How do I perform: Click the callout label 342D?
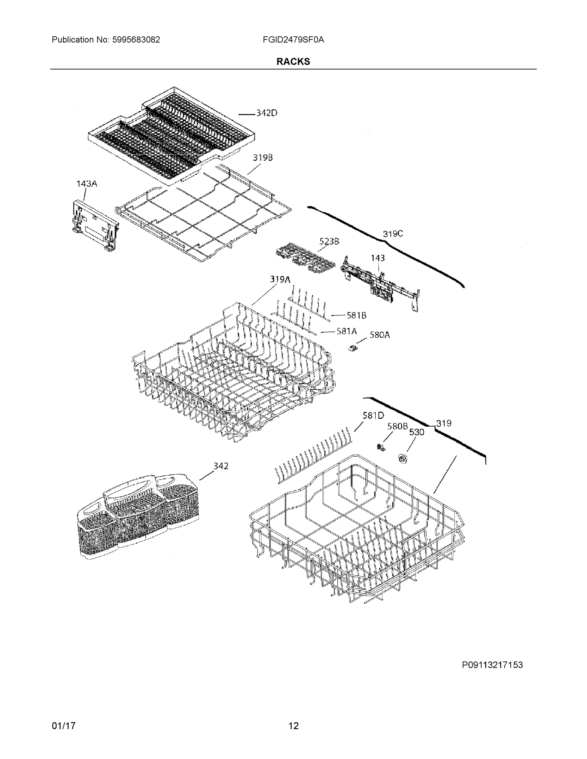(x=267, y=113)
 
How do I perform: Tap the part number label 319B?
(x=263, y=157)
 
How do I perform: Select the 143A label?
(x=87, y=183)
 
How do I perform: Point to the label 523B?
(x=329, y=241)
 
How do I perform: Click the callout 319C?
(x=393, y=234)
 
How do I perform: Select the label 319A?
(x=280, y=279)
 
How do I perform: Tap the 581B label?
(x=356, y=315)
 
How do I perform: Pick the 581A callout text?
(x=347, y=331)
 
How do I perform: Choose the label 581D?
(x=373, y=415)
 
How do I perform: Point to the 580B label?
(x=397, y=426)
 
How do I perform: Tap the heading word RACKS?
(x=293, y=62)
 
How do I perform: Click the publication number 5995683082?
(x=136, y=40)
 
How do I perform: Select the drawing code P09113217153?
(x=492, y=665)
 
